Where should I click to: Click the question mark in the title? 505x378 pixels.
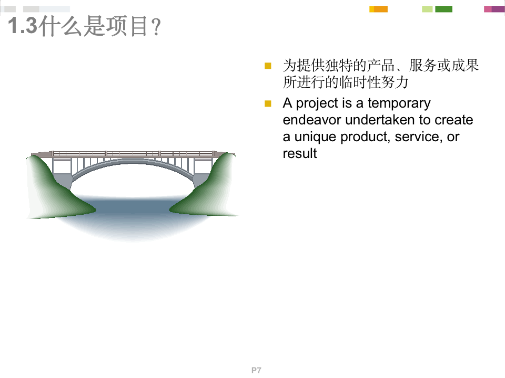coord(155,28)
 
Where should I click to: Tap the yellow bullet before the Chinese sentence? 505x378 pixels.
coord(268,66)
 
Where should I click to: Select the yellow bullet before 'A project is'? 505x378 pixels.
coord(268,103)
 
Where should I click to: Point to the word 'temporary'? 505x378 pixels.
coord(399,103)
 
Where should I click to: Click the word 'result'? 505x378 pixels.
coord(300,154)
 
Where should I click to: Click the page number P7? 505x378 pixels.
coord(256,371)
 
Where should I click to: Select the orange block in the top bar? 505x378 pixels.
coord(380,9)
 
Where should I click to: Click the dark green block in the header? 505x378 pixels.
coord(443,9)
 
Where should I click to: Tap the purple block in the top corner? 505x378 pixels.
coord(497,9)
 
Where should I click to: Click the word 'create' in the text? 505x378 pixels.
coord(453,120)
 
